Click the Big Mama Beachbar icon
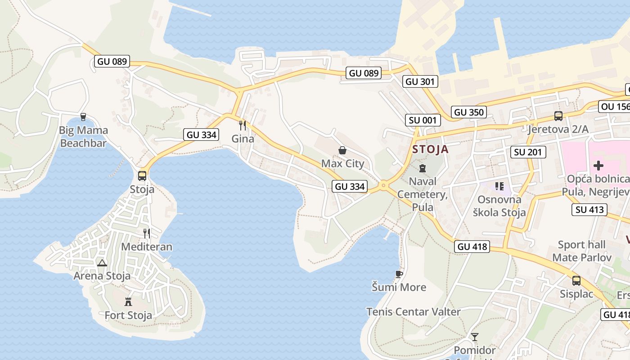[x=83, y=117]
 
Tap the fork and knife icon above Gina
[x=243, y=125]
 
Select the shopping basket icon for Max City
[x=342, y=150]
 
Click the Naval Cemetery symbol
[x=422, y=168]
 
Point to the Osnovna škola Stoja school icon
[x=499, y=186]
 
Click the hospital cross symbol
[x=598, y=166]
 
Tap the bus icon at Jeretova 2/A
[x=558, y=116]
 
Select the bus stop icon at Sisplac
[x=576, y=281]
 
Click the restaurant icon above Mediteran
[x=147, y=233]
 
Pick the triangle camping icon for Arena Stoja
[x=102, y=263]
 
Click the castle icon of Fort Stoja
[x=128, y=301]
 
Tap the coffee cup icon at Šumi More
[x=399, y=274]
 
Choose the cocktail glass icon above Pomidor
[x=474, y=337]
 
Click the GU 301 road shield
[x=420, y=81]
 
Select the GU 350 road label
[x=469, y=112]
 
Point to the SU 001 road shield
[x=422, y=120]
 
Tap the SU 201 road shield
[x=528, y=152]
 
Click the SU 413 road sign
[x=589, y=209]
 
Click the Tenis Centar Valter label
[x=414, y=312]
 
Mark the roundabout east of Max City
[x=383, y=185]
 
